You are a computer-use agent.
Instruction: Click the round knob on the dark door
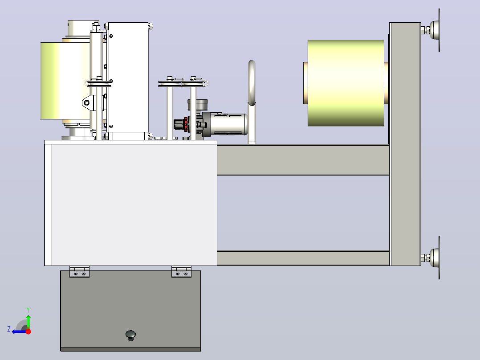pos(131,335)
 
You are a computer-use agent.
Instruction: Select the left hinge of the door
pos(79,272)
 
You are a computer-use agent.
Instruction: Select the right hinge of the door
pos(181,272)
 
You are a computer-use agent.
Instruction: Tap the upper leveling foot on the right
pos(431,30)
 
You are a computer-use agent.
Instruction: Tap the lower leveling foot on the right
pos(431,258)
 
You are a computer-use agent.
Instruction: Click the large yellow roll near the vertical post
pos(346,83)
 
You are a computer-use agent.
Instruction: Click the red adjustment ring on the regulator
pos(186,124)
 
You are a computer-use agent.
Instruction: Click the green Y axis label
pos(28,310)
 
